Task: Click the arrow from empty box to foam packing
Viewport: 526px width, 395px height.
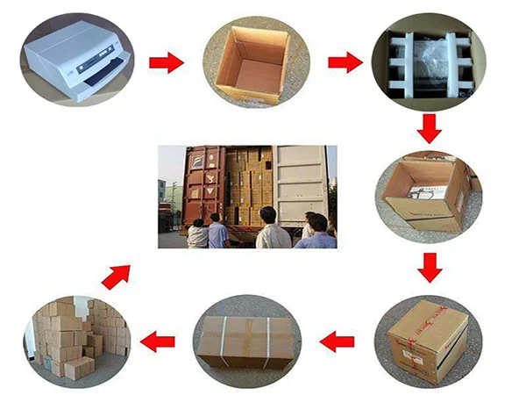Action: point(345,62)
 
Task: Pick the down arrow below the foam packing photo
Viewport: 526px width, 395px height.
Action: point(429,128)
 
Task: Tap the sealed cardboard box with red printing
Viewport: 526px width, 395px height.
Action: point(429,337)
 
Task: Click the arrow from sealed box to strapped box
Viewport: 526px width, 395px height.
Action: point(337,341)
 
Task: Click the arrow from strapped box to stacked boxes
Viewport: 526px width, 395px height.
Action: point(158,341)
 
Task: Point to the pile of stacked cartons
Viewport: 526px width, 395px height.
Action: point(77,338)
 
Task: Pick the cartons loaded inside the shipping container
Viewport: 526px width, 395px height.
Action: point(250,184)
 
